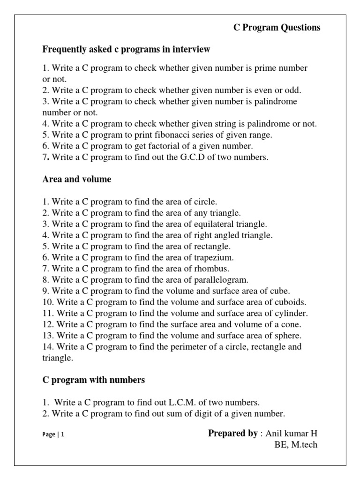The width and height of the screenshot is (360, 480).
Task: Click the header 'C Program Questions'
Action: (277, 28)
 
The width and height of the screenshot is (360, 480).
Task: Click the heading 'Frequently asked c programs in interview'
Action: (126, 49)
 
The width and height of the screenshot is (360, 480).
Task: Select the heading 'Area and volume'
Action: (77, 180)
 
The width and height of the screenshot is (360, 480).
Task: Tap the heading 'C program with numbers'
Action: (94, 380)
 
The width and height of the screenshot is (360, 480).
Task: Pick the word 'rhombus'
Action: (211, 269)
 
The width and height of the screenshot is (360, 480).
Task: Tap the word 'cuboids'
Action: (292, 302)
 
